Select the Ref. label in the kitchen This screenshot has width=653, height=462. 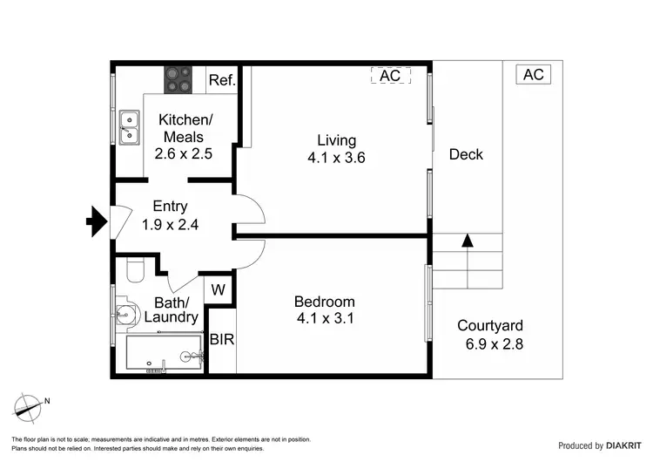(222, 80)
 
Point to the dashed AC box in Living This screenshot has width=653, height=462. (390, 76)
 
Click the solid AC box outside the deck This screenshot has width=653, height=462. (533, 75)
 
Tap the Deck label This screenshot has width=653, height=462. (466, 154)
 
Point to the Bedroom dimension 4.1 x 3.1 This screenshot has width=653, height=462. (324, 318)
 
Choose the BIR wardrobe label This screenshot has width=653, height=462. (222, 339)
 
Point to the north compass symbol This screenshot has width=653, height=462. (30, 405)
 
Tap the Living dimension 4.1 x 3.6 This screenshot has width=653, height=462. (336, 158)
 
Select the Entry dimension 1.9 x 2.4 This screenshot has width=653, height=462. (171, 224)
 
